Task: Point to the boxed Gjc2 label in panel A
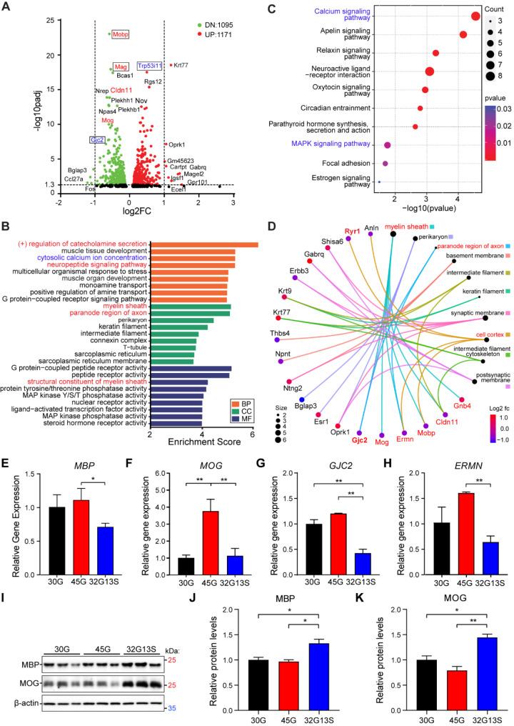point(97,140)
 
